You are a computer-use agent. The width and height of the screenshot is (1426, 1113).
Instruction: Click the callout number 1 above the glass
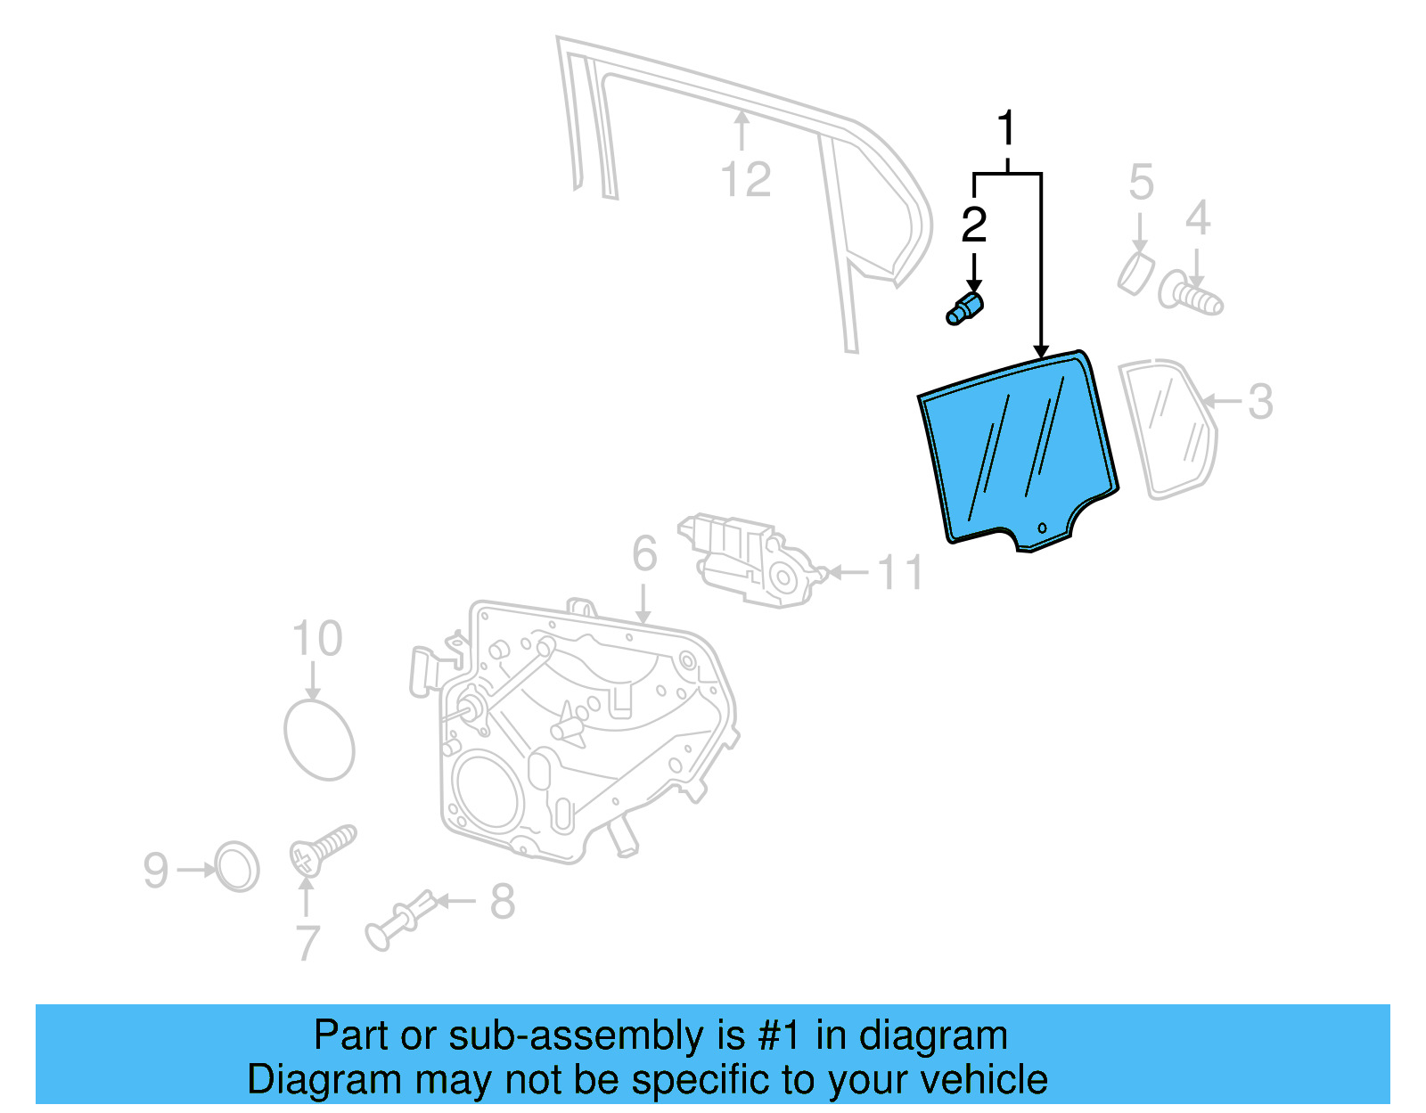click(1006, 130)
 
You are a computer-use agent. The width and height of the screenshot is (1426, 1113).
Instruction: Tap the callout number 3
click(1260, 402)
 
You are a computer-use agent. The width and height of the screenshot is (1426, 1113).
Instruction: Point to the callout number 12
click(745, 180)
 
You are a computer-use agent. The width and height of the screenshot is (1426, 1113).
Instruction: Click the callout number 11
click(900, 572)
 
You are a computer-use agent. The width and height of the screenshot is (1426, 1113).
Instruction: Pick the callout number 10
click(317, 639)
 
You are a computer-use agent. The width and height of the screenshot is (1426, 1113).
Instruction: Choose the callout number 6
click(644, 553)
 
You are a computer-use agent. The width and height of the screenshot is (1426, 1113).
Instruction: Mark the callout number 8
click(503, 902)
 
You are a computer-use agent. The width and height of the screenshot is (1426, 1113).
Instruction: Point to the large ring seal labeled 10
click(319, 740)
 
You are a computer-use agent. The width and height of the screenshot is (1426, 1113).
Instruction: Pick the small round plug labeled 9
click(237, 866)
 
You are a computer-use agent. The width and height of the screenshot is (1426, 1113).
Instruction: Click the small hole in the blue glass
click(1043, 528)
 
